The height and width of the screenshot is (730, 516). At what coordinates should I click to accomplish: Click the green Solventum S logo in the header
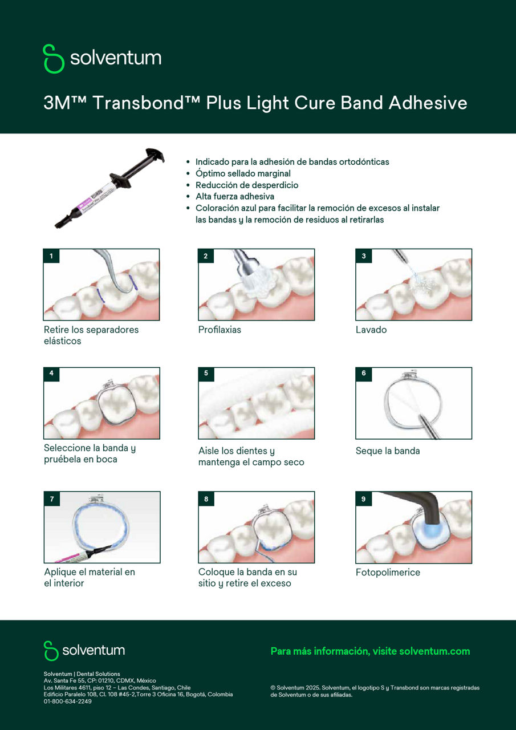point(54,58)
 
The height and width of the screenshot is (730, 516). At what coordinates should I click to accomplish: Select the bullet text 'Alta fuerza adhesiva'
point(234,196)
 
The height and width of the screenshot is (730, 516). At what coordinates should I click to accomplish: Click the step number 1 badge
point(51,256)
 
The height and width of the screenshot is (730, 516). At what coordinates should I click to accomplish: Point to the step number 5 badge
point(206,374)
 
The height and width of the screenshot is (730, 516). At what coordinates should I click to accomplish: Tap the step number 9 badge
point(363,499)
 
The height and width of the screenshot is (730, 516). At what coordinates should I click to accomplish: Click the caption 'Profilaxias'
point(220,330)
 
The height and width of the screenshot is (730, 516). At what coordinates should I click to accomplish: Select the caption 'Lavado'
point(371,330)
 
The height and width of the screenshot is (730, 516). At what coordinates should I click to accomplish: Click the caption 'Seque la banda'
point(387,451)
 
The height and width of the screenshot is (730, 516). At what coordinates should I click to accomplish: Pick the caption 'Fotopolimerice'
point(387,572)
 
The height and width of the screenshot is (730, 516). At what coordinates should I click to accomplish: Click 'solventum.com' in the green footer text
point(434,651)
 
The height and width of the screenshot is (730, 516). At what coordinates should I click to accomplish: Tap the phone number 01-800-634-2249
point(67,701)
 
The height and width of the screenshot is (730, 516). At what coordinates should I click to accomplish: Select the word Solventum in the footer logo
point(94,651)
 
